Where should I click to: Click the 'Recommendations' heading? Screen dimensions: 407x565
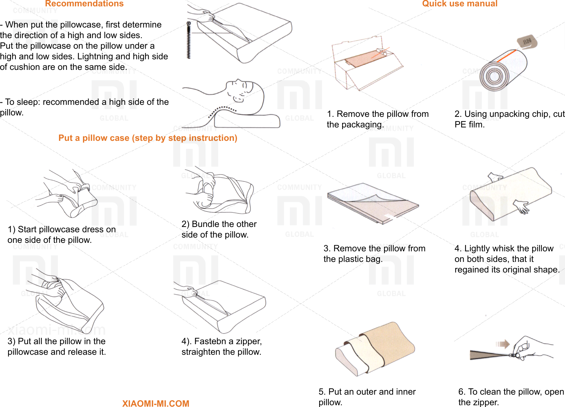point(84,4)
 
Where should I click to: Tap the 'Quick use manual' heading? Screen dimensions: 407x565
point(459,4)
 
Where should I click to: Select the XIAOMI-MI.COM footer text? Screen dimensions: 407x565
point(155,403)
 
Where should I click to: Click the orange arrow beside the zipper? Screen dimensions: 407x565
point(503,344)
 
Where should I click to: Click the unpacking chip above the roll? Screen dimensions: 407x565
point(527,42)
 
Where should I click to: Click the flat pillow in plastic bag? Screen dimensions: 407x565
point(373,203)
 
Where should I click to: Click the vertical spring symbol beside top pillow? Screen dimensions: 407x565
point(189,40)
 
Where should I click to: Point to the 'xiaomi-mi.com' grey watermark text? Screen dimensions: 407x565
point(56,330)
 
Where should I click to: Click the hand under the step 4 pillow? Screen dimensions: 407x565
point(522,206)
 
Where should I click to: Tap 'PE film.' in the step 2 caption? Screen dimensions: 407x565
point(469,125)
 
